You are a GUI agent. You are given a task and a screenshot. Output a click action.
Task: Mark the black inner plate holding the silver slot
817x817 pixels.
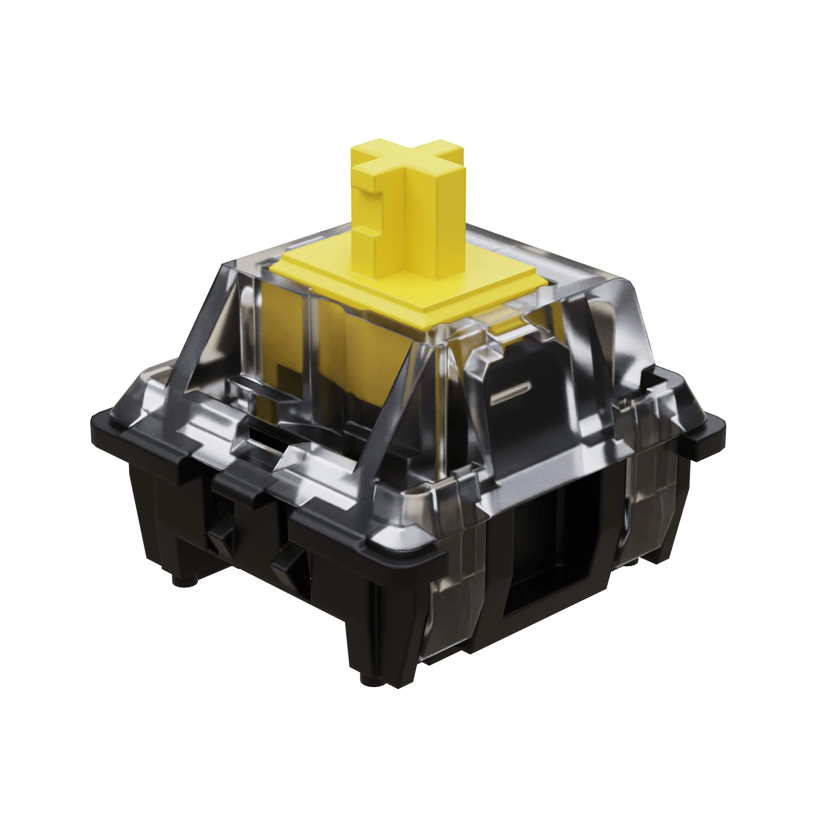click(520, 372)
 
